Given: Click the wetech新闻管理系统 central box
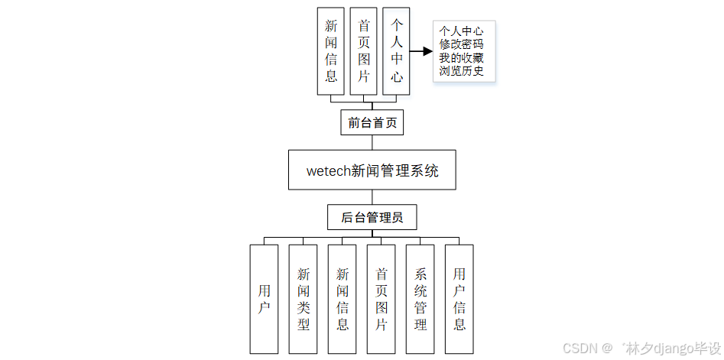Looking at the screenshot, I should click(372, 170).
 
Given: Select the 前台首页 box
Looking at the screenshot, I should click(372, 122).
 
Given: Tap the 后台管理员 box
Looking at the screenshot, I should click(372, 217).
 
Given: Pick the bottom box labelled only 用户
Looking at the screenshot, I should click(264, 299).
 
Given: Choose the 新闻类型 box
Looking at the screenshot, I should click(304, 299).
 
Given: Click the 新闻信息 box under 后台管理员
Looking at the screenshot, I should click(343, 299).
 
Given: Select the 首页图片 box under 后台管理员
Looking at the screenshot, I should click(381, 299).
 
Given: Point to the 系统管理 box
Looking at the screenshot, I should click(420, 299).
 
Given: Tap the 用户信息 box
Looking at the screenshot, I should click(459, 299).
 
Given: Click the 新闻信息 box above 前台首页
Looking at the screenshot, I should click(331, 51).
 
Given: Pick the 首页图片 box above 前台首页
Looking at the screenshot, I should click(364, 51).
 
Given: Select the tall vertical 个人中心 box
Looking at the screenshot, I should click(397, 51).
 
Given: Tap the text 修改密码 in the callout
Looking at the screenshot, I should click(461, 44).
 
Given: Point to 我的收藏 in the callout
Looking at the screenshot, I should click(461, 58).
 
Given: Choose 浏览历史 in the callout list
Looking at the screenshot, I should click(461, 72).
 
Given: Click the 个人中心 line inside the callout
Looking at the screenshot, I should click(461, 31).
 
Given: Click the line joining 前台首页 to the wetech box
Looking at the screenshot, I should click(372, 142).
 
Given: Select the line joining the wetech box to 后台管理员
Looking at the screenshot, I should click(372, 197).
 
